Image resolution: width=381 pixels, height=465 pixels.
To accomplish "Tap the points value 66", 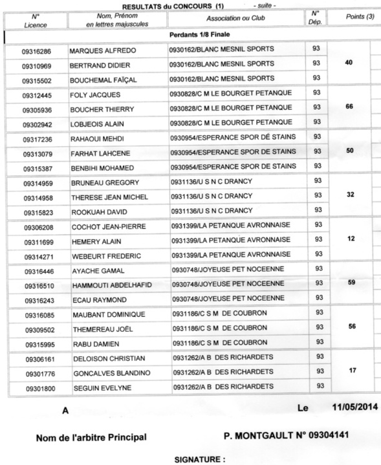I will pyautogui.click(x=350, y=107).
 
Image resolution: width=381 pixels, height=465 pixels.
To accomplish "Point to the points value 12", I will pyautogui.click(x=351, y=239).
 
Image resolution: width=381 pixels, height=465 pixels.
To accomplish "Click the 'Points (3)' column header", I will pyautogui.click(x=351, y=16).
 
